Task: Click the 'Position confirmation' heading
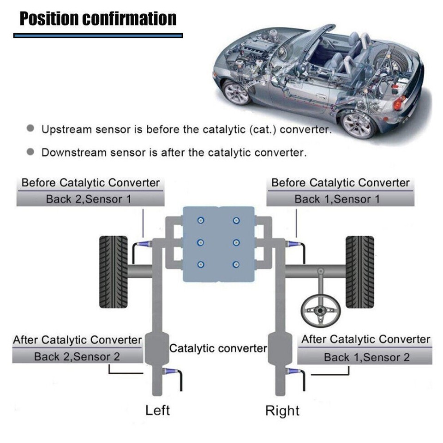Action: coord(98,19)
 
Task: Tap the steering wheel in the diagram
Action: coord(320,311)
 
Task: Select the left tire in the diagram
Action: coord(113,272)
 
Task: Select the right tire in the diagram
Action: coord(360,272)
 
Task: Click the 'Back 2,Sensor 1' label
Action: coord(90,199)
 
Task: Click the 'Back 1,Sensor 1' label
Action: coord(340,199)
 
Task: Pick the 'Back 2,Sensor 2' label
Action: coord(77,357)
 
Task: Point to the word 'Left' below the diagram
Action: coord(158,410)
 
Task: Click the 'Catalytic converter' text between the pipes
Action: coord(218,348)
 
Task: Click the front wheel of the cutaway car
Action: coord(236,92)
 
